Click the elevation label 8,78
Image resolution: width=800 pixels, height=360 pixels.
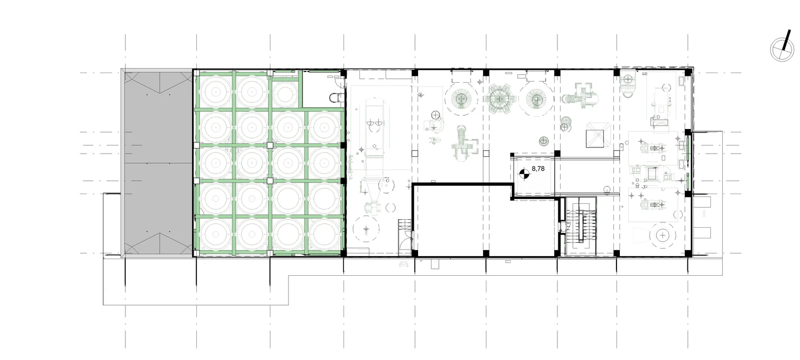coord(538,169)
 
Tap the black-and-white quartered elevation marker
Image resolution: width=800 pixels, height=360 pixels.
coord(524,174)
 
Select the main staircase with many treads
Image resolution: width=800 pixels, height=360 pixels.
coord(581,226)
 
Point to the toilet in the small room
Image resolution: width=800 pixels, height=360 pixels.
coord(335,97)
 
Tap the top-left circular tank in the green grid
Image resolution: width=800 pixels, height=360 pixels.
coord(215,92)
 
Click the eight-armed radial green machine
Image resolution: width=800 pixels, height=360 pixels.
coord(498,99)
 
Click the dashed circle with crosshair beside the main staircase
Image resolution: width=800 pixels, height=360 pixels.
coord(663,235)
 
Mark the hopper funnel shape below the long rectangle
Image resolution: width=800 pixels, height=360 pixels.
coord(373,190)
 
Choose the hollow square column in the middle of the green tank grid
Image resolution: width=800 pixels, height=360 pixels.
coord(270,146)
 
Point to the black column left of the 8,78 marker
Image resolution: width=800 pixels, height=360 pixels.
coord(512,155)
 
